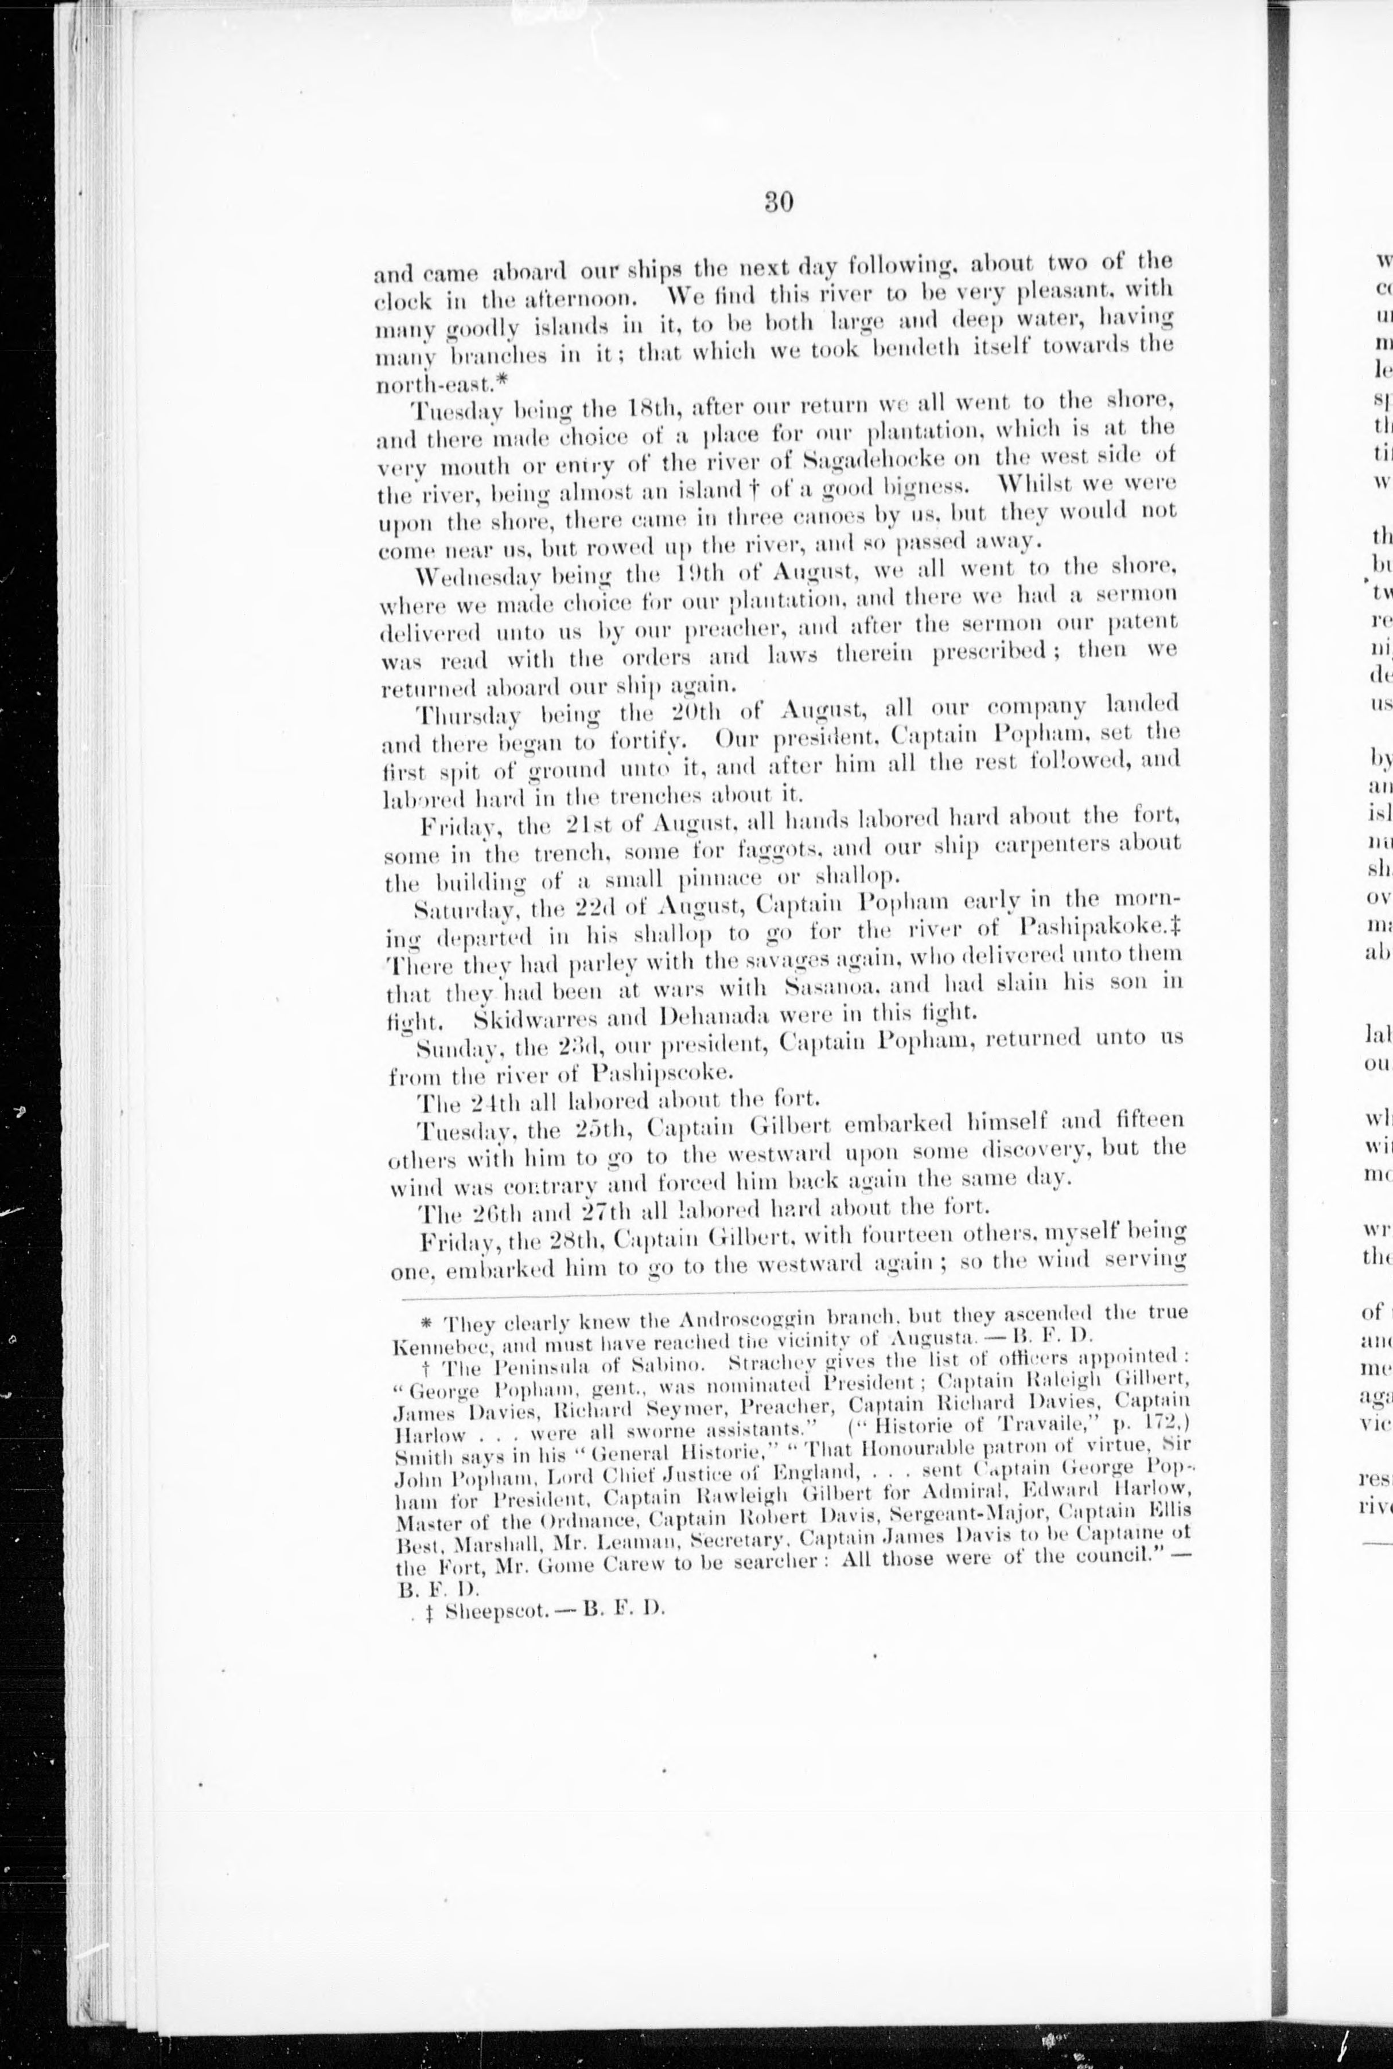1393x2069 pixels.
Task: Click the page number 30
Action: pyautogui.click(x=778, y=202)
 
